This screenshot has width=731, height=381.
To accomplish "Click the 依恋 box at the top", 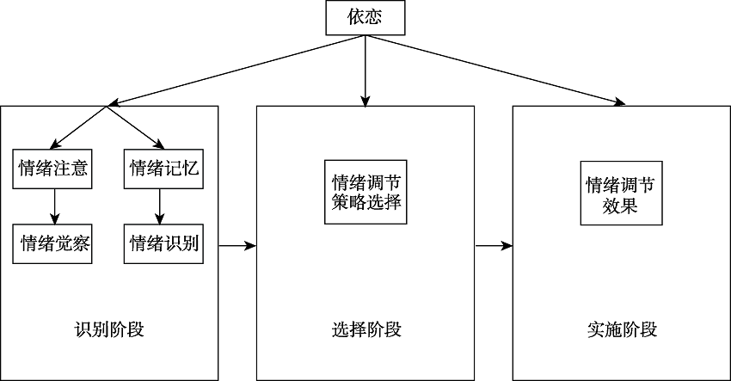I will pos(365,18).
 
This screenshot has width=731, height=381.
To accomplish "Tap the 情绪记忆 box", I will pos(163,168).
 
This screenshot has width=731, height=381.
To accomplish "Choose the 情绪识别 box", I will pos(163,243).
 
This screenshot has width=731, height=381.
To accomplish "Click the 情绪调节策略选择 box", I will pos(365,193).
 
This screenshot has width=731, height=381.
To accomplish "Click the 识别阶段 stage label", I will pos(109,329).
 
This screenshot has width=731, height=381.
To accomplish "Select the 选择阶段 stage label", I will pos(365,329).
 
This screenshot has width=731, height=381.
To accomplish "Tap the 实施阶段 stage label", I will pos(622,329).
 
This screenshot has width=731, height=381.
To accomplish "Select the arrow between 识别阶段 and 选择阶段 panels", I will pos(237,246).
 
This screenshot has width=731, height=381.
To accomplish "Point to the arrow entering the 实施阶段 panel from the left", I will pos(494,246).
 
